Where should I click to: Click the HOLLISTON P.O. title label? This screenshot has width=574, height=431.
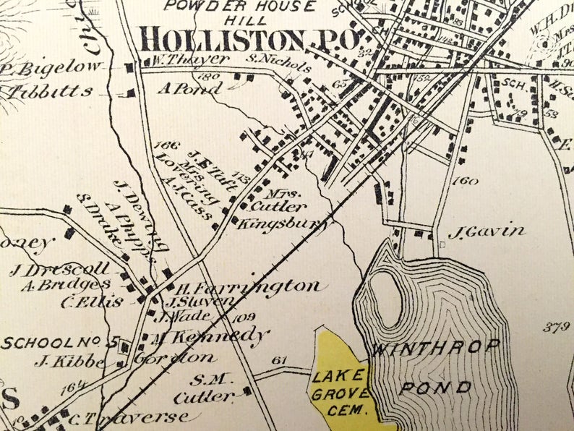(x=249, y=38)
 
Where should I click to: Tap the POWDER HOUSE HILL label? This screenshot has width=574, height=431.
(x=240, y=13)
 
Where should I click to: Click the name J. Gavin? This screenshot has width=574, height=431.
(x=486, y=232)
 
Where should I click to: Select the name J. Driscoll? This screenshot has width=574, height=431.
(x=59, y=270)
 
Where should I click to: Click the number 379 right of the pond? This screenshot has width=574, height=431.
(x=557, y=327)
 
